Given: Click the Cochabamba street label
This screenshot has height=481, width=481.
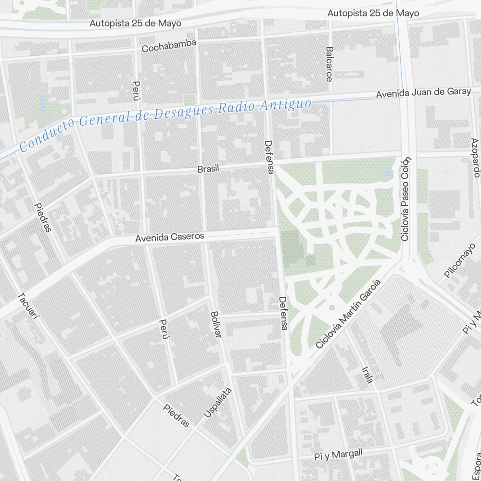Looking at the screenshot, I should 169,46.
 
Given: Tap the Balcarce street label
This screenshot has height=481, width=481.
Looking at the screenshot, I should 329,64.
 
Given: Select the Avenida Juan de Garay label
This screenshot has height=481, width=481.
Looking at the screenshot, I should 423,93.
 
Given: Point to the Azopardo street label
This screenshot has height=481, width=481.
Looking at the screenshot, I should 476,157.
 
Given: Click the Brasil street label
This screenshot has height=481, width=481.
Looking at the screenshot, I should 208,169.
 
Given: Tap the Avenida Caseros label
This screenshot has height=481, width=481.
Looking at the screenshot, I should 169,237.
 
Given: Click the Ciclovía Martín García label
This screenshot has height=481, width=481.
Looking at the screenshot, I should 349,314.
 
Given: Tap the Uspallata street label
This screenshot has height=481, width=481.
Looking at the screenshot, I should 217,403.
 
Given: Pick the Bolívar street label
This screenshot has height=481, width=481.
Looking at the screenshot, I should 215,324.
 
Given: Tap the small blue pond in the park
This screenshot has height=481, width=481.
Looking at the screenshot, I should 386,173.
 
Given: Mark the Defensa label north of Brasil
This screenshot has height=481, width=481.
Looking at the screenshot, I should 269,157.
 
